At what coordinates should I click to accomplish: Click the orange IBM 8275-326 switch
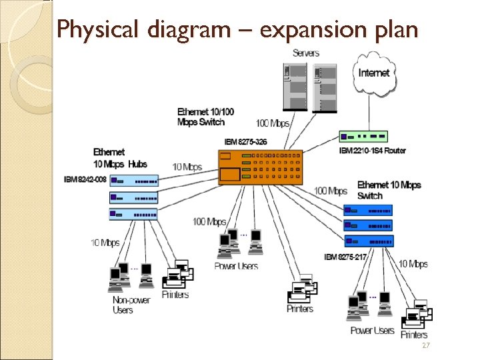[x=260, y=167]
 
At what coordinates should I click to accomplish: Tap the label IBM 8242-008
[x=85, y=179]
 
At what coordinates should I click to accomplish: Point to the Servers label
[x=306, y=53]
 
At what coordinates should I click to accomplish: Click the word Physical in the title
[x=89, y=30]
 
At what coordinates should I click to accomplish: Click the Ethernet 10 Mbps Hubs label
[x=119, y=158]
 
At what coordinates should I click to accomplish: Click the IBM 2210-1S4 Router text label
[x=373, y=151]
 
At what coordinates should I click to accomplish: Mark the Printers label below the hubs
[x=175, y=295]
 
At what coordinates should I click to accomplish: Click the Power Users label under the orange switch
[x=236, y=266]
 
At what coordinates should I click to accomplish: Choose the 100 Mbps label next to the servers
[x=273, y=123]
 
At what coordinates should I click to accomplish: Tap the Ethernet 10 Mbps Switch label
[x=389, y=190]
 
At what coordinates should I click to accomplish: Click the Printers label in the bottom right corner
[x=414, y=335]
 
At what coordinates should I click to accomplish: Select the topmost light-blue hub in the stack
[x=134, y=180]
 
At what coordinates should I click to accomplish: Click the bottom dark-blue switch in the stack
[x=369, y=241]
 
